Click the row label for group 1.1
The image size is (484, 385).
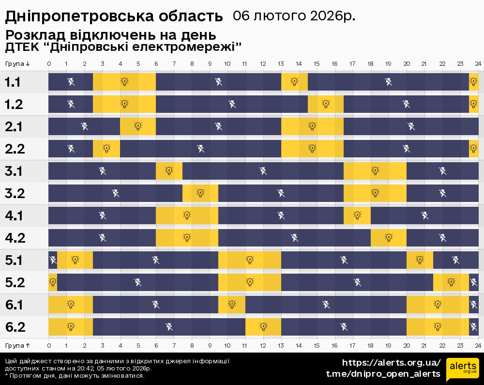13,82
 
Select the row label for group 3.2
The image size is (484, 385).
14,194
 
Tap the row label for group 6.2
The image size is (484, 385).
15,327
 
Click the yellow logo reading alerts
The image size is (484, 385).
462,370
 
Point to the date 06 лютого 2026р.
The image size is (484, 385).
294,15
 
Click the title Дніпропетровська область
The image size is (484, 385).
114,16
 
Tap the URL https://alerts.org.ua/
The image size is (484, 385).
392,363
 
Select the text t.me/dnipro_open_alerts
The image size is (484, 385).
383,374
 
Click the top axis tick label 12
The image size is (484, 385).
263,64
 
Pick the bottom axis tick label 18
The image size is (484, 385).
370,345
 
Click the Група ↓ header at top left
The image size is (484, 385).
17,64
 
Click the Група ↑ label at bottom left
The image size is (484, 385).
17,345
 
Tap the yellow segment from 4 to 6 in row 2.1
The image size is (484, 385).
138,126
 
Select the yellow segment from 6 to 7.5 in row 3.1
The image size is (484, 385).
169,171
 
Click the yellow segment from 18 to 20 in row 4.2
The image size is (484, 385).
389,238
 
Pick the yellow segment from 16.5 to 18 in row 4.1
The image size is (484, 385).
357,216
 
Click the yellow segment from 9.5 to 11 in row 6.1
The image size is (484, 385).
232,305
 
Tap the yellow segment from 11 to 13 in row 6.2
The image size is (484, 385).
263,327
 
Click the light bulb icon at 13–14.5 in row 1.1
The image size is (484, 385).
294,82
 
